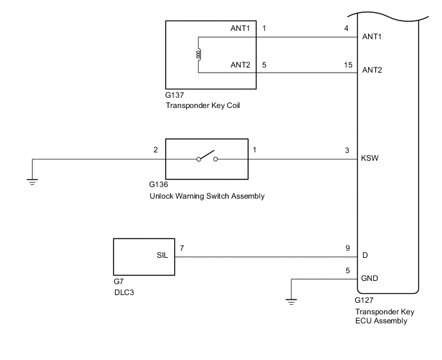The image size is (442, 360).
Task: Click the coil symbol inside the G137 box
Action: (199, 55)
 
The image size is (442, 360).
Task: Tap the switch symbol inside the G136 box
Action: (208, 158)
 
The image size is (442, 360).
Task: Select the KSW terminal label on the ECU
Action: (373, 158)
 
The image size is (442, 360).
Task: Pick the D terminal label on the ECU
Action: (366, 256)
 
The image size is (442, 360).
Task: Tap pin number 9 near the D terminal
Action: (348, 247)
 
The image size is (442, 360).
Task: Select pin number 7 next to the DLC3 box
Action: (182, 247)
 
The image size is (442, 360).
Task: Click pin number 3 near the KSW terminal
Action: (348, 150)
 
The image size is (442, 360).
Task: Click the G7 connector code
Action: (118, 282)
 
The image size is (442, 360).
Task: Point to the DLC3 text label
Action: (124, 292)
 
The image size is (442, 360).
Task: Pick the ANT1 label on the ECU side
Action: (373, 37)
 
